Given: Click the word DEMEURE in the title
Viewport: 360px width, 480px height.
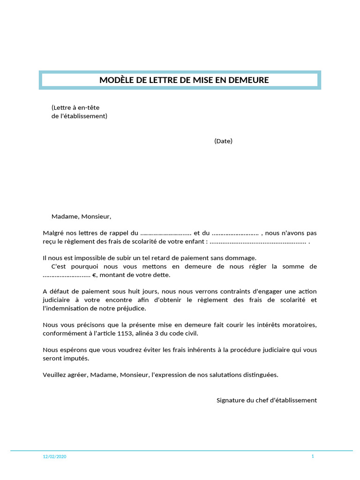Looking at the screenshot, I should click(x=248, y=80).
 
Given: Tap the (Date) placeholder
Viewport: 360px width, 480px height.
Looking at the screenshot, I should click(x=223, y=141).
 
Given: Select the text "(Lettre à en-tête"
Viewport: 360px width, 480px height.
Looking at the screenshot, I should click(x=75, y=108).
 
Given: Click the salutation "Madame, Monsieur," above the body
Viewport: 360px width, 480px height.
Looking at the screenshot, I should click(x=81, y=217).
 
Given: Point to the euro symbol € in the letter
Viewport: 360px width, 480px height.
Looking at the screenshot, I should click(x=94, y=275).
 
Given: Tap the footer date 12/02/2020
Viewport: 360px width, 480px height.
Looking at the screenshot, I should click(x=54, y=457).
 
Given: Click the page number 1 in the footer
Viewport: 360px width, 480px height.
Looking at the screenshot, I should click(x=312, y=456).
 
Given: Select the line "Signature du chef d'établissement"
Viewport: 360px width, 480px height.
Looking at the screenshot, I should click(x=266, y=400).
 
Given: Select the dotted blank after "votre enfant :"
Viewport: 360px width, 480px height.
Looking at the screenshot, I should click(x=258, y=242).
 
